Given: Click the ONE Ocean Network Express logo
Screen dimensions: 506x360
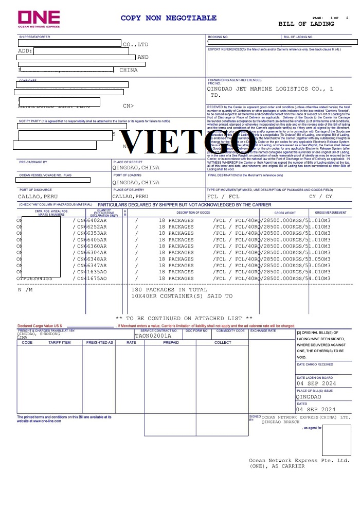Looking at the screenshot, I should click(39, 20).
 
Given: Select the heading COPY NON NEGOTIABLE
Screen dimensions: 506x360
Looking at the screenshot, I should click(169, 18).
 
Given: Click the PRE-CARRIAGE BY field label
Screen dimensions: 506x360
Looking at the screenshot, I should click(33, 162).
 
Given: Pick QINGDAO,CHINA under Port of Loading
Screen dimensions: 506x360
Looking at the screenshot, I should click(136, 183).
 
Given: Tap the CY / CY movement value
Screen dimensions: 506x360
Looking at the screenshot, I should click(321, 197).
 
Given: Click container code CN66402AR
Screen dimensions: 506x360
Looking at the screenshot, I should click(92, 220).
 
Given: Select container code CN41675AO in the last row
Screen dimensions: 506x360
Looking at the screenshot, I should click(92, 278).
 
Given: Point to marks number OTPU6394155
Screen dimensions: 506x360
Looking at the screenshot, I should click(34, 278).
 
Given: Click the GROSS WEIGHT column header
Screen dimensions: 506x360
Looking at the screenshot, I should click(285, 213).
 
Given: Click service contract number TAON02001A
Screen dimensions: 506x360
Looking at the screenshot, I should click(153, 336).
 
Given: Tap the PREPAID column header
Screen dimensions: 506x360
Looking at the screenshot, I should click(171, 342).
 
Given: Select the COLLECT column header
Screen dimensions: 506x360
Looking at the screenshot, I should click(223, 342).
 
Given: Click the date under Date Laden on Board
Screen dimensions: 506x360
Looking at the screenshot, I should click(316, 383).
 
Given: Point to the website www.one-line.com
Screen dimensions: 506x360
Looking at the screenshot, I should click(39, 421).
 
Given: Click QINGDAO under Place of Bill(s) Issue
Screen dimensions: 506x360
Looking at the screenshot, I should click(309, 397).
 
